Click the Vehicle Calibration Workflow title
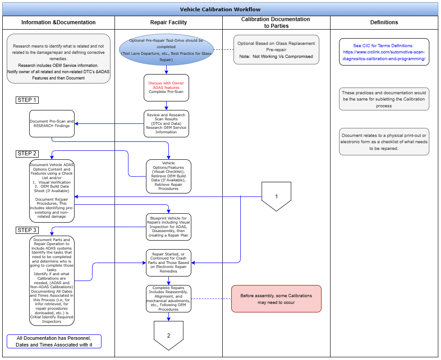(x=220, y=9)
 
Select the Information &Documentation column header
(x=58, y=22)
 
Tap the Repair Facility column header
(x=168, y=22)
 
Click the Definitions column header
(x=384, y=22)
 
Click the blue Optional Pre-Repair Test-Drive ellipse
(x=166, y=49)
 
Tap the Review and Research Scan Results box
(x=166, y=123)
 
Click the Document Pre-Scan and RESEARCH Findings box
(x=52, y=123)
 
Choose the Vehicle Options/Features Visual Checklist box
(x=168, y=176)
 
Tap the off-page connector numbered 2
(x=168, y=335)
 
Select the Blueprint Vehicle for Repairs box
(x=168, y=227)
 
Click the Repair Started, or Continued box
(x=168, y=263)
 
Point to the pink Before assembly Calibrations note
(x=276, y=299)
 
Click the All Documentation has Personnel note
(x=54, y=341)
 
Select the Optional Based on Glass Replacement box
(x=276, y=50)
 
